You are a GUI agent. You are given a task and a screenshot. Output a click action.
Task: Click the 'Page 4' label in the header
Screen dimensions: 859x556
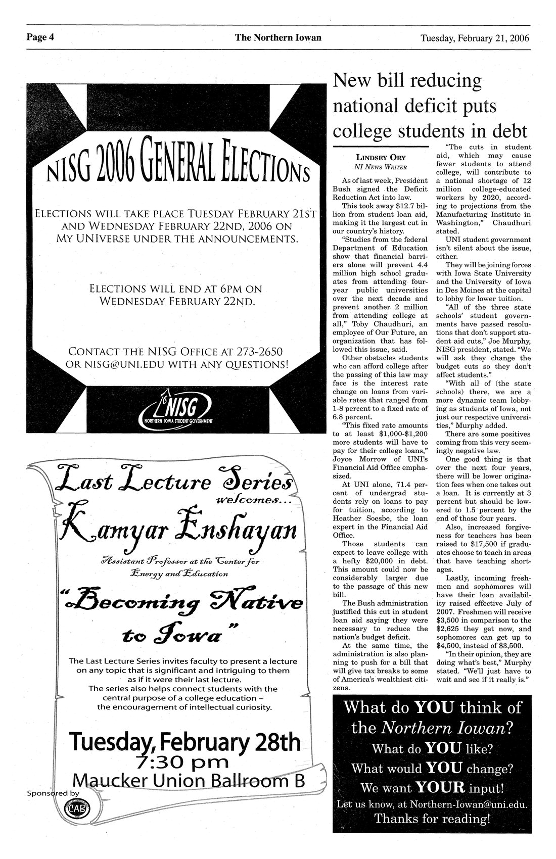[41, 37]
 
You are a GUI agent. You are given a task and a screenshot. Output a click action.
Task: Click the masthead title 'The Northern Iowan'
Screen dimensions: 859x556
[277, 37]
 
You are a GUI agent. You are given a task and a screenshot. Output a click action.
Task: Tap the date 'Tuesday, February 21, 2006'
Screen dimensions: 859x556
[474, 38]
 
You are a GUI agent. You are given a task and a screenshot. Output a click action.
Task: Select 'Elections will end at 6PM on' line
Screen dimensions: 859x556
[175, 290]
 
